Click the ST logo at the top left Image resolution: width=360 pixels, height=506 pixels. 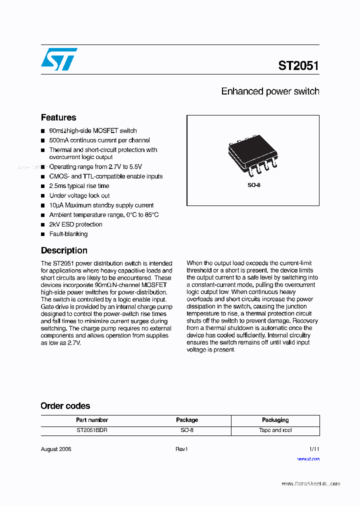tap(59, 59)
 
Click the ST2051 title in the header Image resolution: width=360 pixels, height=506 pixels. tap(298, 65)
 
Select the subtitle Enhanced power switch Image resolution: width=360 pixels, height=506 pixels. tap(270, 91)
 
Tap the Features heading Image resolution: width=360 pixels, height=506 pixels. tap(58, 117)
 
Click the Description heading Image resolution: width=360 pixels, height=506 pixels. tap(64, 250)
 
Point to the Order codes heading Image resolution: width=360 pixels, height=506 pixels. tap(65, 406)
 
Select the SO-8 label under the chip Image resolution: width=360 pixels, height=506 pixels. tap(254, 185)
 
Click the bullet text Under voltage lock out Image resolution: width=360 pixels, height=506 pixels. tap(79, 195)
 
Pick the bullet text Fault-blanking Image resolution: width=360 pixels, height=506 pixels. tap(68, 234)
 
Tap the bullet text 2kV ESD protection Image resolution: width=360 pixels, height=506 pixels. tap(75, 224)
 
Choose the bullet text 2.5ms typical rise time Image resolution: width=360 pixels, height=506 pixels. tap(79, 186)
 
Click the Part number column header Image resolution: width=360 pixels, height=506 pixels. tap(92, 420)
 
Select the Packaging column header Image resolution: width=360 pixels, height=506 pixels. tap(275, 420)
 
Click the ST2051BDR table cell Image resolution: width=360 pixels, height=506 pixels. tap(92, 430)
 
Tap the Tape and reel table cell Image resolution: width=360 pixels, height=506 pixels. tap(275, 430)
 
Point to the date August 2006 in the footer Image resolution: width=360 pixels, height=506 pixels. tap(56, 449)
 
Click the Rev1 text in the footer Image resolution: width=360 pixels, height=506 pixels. tap(181, 449)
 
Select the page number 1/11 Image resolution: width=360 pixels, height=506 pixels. tap(314, 449)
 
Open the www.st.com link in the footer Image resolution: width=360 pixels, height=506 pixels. tap(308, 458)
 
